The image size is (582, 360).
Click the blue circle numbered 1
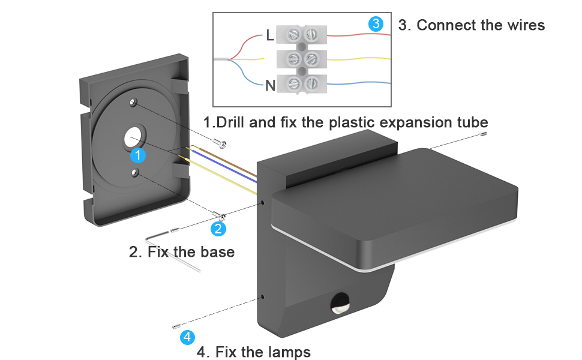pyautogui.click(x=139, y=155)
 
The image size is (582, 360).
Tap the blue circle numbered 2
pyautogui.click(x=218, y=229)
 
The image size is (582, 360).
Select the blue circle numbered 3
pyautogui.click(x=376, y=24)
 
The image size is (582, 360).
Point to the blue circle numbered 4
pyautogui.click(x=187, y=337)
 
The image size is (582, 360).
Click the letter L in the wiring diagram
pyautogui.click(x=270, y=35)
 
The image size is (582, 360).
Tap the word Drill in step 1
pyautogui.click(x=230, y=123)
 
